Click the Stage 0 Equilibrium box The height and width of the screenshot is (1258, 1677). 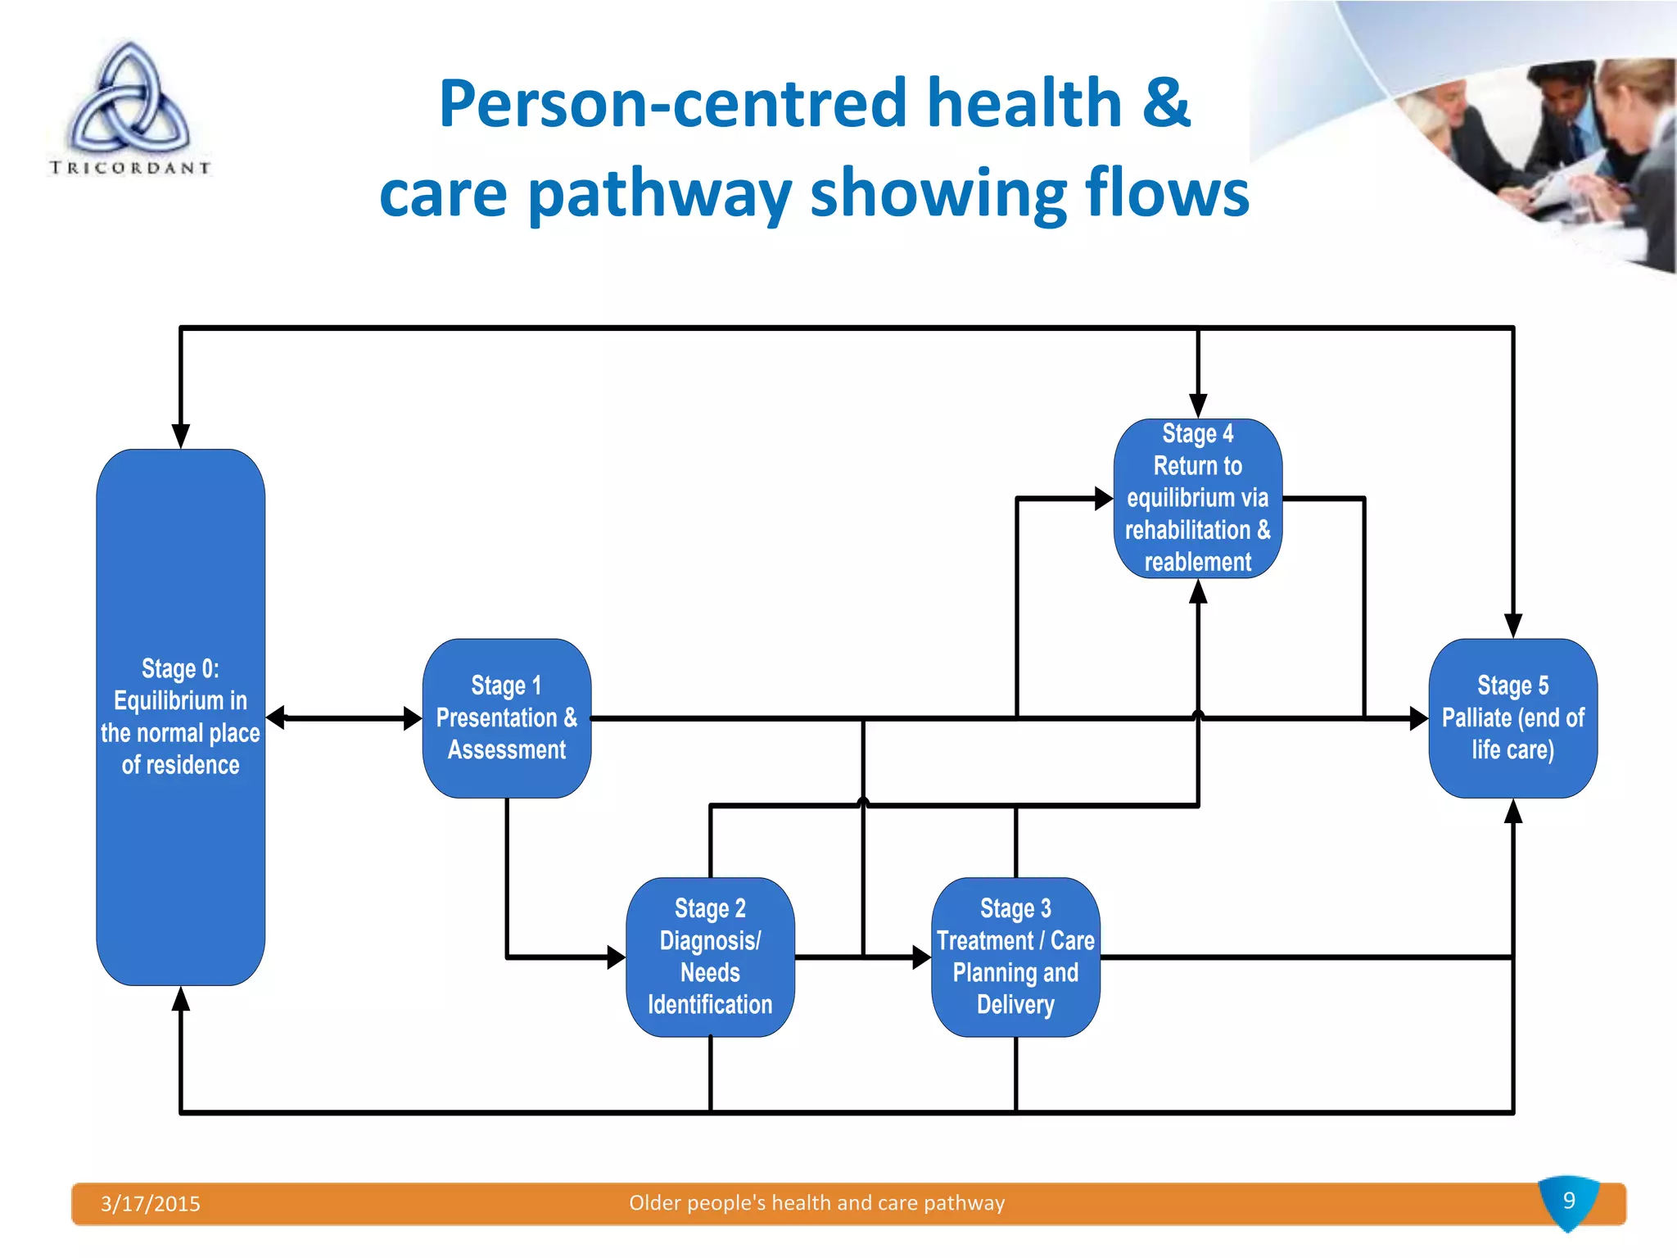pyautogui.click(x=180, y=717)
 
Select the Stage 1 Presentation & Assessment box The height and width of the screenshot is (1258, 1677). pyautogui.click(x=506, y=717)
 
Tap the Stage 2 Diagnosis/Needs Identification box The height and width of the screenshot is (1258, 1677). pyautogui.click(x=709, y=957)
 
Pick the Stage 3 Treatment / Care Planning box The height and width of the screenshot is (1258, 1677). pyautogui.click(x=1015, y=957)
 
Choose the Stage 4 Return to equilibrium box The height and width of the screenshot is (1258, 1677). pyautogui.click(x=1197, y=498)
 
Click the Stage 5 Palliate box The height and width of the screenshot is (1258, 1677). pyautogui.click(x=1512, y=717)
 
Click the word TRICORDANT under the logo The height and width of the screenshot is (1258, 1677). pyautogui.click(x=130, y=168)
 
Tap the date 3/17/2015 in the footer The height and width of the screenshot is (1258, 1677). pyautogui.click(x=151, y=1203)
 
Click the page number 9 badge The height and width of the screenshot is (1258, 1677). pyautogui.click(x=1568, y=1201)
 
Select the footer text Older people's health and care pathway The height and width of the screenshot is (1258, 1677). pyautogui.click(x=816, y=1202)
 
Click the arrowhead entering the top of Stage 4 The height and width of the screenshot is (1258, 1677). pyautogui.click(x=1198, y=406)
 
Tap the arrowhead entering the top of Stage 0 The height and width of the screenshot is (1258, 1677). pyautogui.click(x=181, y=436)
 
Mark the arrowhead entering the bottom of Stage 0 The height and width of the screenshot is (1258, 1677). pyautogui.click(x=181, y=998)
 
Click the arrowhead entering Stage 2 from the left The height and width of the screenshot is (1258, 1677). pyautogui.click(x=616, y=957)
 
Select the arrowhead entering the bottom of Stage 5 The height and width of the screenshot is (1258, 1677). pyautogui.click(x=1513, y=812)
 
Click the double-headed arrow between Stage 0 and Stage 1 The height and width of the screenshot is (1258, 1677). pyautogui.click(x=344, y=718)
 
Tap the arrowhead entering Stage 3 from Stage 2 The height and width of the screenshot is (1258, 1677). pyautogui.click(x=921, y=957)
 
